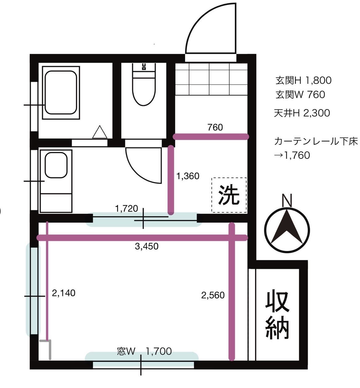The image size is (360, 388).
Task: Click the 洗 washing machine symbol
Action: point(229,195)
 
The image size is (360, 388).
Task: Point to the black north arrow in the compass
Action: point(287,227)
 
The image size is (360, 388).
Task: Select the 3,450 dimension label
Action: point(147,246)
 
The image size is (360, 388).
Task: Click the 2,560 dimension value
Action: point(213,295)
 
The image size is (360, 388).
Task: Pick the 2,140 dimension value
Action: point(63,293)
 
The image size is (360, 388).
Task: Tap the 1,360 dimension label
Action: point(188,176)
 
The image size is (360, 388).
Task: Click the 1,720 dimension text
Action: point(126,208)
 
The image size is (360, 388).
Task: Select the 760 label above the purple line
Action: point(215,127)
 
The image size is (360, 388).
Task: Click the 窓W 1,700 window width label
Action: point(144,351)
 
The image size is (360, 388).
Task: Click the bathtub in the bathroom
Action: point(61,92)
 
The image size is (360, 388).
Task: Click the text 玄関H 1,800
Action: point(303,80)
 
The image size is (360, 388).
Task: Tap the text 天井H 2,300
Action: point(302,113)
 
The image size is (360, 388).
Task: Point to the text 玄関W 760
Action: point(300,95)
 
